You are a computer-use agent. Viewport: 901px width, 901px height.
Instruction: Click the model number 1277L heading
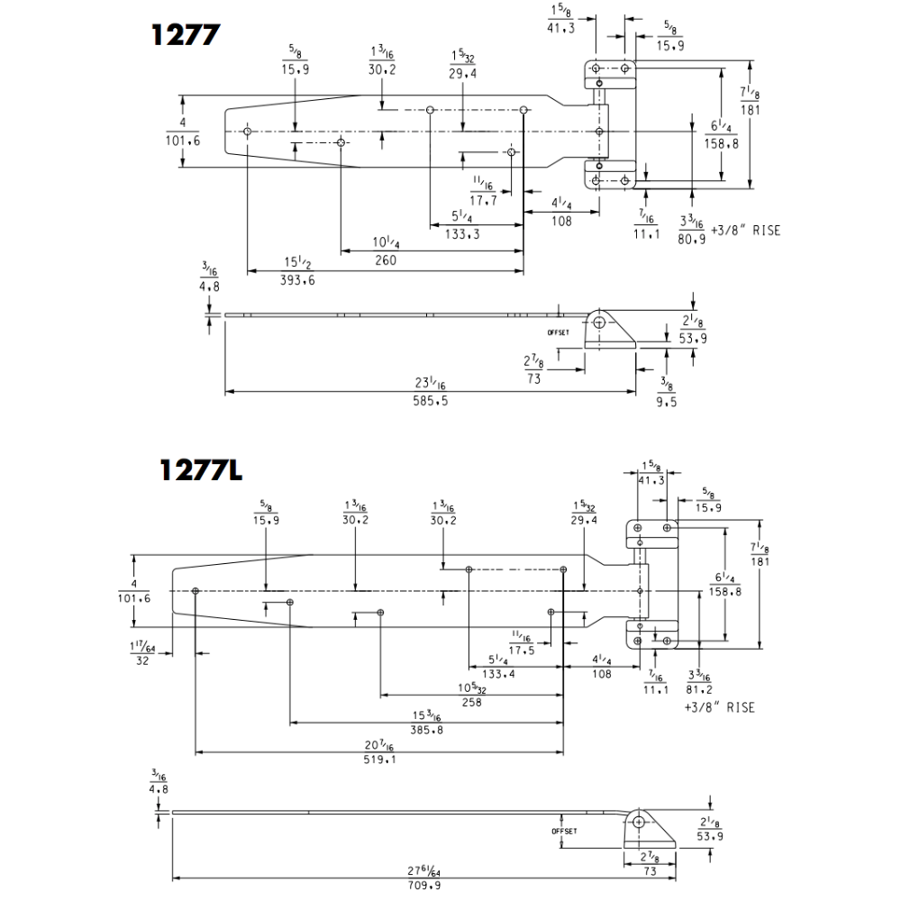[x=201, y=469]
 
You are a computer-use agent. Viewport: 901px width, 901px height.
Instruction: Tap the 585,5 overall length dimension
[x=431, y=401]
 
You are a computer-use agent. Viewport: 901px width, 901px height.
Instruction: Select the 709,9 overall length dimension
[x=424, y=886]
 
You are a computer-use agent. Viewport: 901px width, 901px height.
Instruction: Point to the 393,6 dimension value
[x=297, y=280]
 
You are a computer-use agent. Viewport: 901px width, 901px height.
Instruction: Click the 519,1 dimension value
[x=379, y=760]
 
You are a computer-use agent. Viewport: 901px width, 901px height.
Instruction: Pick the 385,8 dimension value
[x=426, y=731]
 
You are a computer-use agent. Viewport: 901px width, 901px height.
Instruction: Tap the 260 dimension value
[x=386, y=260]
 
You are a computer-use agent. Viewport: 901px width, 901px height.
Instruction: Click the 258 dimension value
[x=471, y=702]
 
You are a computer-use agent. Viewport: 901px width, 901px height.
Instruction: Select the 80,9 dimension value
[x=691, y=239]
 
